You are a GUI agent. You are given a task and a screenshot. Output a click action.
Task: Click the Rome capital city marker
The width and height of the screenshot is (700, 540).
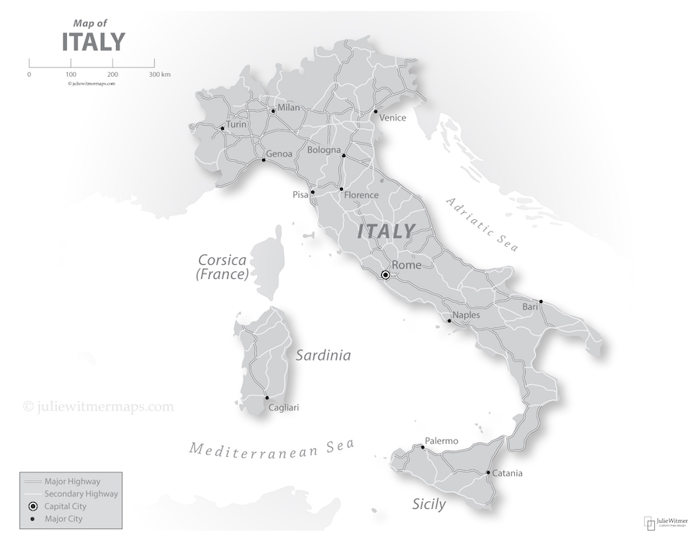[x=384, y=275]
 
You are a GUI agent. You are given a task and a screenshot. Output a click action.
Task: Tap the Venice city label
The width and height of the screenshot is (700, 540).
[x=393, y=118]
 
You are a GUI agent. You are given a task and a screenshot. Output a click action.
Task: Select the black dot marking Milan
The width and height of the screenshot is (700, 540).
[x=272, y=111]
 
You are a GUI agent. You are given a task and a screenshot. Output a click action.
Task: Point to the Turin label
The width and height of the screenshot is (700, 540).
[x=236, y=124]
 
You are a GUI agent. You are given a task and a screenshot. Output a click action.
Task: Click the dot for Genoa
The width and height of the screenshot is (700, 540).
[x=263, y=160]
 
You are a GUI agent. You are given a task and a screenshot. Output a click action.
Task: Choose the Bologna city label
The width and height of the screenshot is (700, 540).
[x=324, y=150]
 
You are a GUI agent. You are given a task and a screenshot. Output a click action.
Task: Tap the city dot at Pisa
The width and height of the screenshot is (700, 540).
[x=313, y=193]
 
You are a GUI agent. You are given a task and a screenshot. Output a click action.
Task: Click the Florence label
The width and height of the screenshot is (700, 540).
[x=362, y=195]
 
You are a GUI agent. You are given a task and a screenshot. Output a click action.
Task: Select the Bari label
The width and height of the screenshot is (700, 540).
[x=530, y=308]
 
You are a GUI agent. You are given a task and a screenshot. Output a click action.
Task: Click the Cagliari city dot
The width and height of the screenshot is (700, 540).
[x=267, y=398]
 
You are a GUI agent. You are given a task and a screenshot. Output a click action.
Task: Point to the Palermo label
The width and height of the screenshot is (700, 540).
[x=442, y=441]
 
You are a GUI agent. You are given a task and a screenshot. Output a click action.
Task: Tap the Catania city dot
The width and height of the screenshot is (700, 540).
[x=488, y=472]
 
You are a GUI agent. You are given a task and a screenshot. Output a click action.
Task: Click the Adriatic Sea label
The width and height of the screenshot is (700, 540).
[x=481, y=224]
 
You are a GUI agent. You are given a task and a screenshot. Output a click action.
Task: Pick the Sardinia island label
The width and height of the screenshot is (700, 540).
[x=323, y=355]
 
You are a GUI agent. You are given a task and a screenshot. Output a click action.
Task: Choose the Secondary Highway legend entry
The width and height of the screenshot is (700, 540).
[x=81, y=494]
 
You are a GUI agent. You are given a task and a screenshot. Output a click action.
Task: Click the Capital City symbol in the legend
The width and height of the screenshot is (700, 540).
[x=33, y=507]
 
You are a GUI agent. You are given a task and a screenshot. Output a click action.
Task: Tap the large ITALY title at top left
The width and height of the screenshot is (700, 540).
[x=93, y=40]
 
